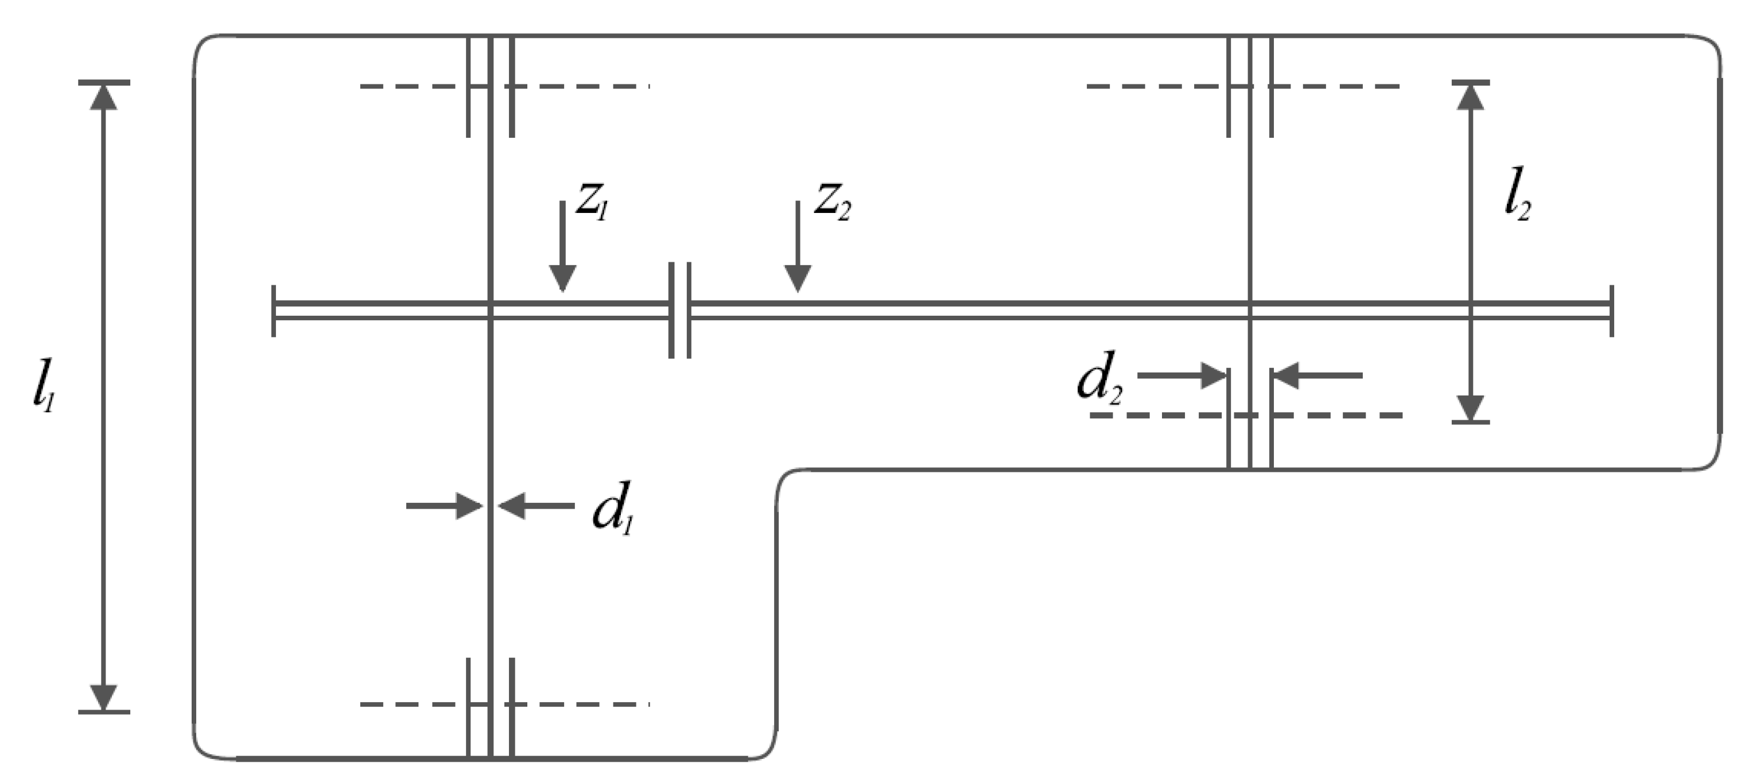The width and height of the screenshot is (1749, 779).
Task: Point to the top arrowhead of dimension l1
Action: [103, 97]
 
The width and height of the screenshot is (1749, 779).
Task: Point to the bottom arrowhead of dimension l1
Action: [103, 697]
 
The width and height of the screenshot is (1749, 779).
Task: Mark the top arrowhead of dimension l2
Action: [1471, 97]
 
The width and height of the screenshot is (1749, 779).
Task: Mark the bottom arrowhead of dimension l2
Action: [1471, 408]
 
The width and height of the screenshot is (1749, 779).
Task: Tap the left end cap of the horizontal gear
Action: [274, 311]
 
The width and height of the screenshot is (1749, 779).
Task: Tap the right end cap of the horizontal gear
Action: [1612, 311]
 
